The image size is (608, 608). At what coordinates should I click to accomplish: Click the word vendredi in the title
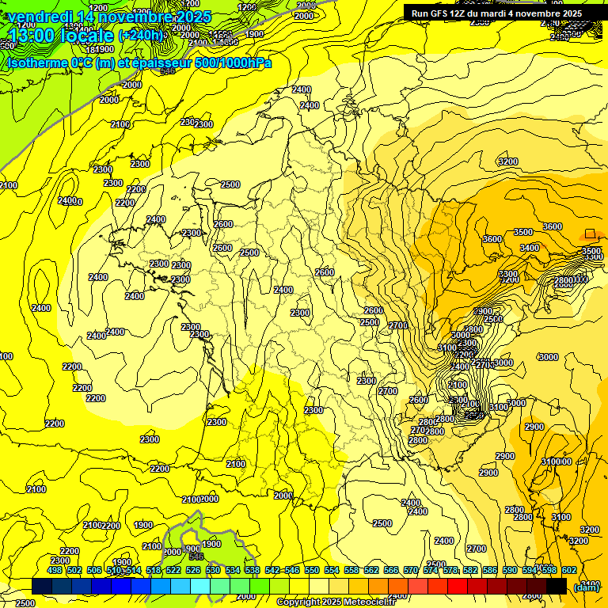pyautogui.click(x=40, y=17)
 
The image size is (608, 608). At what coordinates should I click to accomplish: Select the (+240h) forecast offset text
pyautogui.click(x=141, y=36)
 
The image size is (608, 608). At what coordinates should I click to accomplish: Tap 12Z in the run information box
pyautogui.click(x=462, y=13)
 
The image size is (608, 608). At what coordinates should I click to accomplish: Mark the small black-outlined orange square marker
pyautogui.click(x=590, y=234)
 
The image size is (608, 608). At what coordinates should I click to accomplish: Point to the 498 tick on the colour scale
pyautogui.click(x=55, y=570)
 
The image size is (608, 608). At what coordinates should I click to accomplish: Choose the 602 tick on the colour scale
pyautogui.click(x=569, y=570)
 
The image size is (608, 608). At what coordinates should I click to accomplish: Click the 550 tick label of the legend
pyautogui.click(x=312, y=570)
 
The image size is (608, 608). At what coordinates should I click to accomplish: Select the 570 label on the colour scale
pyautogui.click(x=411, y=570)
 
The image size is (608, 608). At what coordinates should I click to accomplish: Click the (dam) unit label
pyautogui.click(x=587, y=587)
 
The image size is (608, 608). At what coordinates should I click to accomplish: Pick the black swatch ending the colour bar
pyautogui.click(x=557, y=586)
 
